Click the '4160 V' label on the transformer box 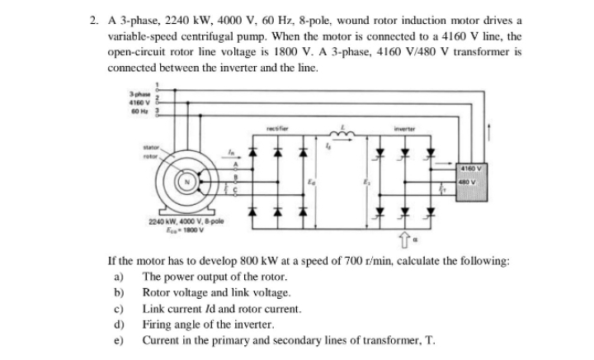pos(473,170)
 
